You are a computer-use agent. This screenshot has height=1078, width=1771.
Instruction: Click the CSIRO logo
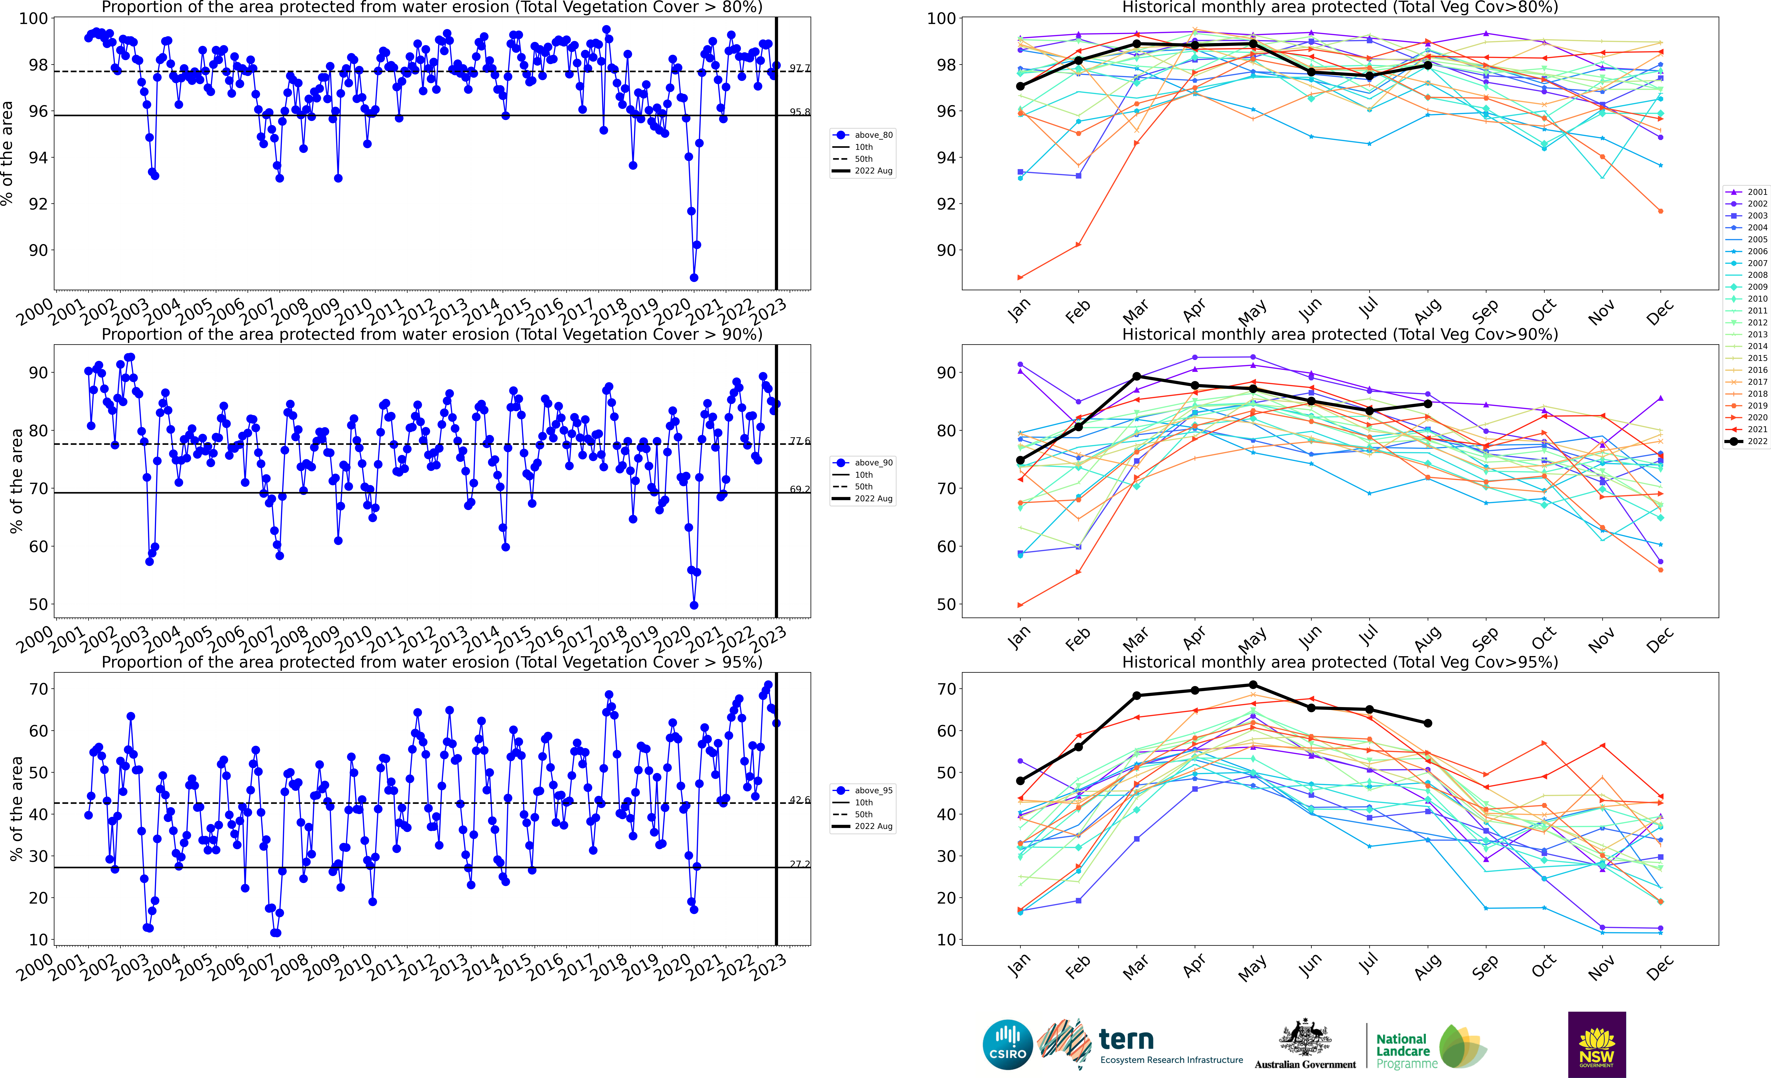(x=1007, y=1044)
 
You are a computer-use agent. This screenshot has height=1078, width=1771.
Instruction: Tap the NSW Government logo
(x=1596, y=1044)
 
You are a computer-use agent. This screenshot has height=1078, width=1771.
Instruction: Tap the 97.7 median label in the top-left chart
(x=799, y=68)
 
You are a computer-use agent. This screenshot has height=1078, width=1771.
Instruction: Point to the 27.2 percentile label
(x=799, y=864)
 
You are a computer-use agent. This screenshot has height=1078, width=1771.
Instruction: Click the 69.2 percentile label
(x=799, y=489)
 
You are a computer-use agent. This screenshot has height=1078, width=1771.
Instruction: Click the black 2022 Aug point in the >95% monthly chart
(x=1427, y=723)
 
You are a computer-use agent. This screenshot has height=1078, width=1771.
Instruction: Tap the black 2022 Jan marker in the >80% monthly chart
(x=1020, y=86)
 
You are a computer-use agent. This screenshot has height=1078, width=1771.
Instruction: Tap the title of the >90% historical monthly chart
(x=1340, y=334)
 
